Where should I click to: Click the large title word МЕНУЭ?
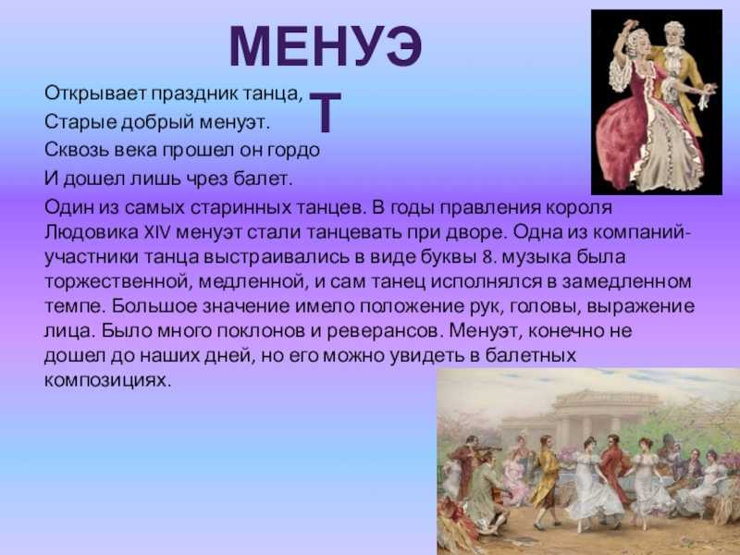(x=326, y=46)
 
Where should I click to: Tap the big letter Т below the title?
(x=326, y=111)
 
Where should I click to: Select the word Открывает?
(x=95, y=93)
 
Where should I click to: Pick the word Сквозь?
(x=78, y=150)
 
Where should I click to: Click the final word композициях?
(x=107, y=380)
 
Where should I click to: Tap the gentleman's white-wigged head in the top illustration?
(x=672, y=34)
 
